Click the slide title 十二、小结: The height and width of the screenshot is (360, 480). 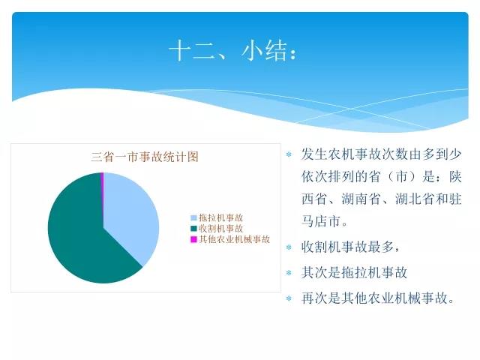pyautogui.click(x=233, y=51)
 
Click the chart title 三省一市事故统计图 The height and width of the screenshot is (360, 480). pyautogui.click(x=145, y=157)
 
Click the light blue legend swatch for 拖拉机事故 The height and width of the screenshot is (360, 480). pyautogui.click(x=193, y=218)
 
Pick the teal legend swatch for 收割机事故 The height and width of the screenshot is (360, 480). pyautogui.click(x=193, y=229)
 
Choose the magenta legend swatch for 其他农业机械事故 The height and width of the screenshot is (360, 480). pyautogui.click(x=193, y=239)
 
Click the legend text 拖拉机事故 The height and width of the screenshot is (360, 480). pyautogui.click(x=220, y=217)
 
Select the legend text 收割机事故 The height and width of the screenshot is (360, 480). pyautogui.click(x=220, y=228)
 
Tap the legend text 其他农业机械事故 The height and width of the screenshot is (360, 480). pyautogui.click(x=235, y=239)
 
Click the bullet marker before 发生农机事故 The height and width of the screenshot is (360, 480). pyautogui.click(x=289, y=154)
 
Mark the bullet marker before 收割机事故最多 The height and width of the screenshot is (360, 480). pyautogui.click(x=289, y=247)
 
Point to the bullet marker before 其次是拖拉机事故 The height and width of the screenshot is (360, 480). pyautogui.click(x=289, y=273)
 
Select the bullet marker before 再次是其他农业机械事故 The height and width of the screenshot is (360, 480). pyautogui.click(x=289, y=298)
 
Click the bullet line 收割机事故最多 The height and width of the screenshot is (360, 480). pyautogui.click(x=350, y=247)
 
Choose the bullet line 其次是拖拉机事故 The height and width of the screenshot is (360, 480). pyautogui.click(x=354, y=272)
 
